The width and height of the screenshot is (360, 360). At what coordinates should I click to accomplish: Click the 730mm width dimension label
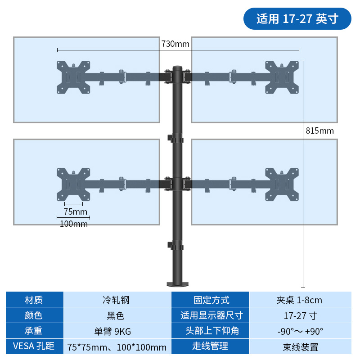tap(175, 44)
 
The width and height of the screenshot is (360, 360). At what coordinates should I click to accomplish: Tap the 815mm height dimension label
tap(319, 130)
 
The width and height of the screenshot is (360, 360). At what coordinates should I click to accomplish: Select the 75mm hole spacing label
tap(75, 211)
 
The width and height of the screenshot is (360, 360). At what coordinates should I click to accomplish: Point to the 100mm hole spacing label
tap(74, 224)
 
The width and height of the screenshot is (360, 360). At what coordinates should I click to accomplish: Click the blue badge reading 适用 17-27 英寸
tap(297, 19)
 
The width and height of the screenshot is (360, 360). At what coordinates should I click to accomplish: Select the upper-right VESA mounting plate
tap(282, 77)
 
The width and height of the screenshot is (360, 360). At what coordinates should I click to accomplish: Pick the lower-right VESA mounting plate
tap(282, 184)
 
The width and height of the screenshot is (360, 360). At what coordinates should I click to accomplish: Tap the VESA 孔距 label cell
tap(34, 346)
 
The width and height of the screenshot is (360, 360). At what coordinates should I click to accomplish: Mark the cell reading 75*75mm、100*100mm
tap(117, 347)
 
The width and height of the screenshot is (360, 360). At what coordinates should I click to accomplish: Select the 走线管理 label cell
tap(211, 346)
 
